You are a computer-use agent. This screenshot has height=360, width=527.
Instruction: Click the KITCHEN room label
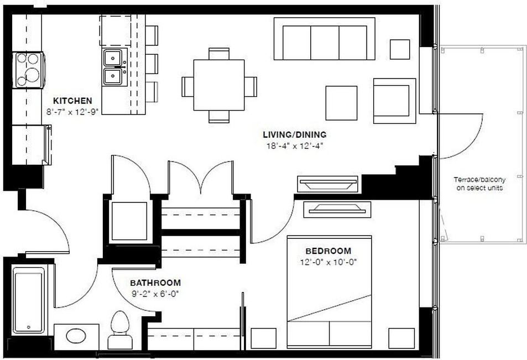(x=72, y=101)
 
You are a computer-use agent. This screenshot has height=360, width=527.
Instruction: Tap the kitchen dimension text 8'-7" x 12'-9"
(x=72, y=111)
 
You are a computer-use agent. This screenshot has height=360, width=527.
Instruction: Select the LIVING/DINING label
(x=294, y=134)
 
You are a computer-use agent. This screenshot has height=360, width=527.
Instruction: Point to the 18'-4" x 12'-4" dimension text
(x=294, y=147)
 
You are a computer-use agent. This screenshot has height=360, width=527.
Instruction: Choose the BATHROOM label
(x=155, y=283)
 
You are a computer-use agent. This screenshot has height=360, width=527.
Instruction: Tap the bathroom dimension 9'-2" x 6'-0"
(x=155, y=294)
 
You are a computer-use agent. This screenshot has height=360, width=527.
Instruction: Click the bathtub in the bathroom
(x=28, y=300)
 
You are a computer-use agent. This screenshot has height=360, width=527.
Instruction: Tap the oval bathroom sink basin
(x=76, y=336)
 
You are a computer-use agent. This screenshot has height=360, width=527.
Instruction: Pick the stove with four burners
(x=28, y=70)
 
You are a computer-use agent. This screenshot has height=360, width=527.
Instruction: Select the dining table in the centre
(x=219, y=85)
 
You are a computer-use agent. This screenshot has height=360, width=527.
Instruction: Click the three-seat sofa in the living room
(x=324, y=39)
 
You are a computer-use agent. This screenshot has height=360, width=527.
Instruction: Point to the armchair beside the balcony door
(x=394, y=101)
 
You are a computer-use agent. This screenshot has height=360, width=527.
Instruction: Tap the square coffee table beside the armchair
(x=341, y=103)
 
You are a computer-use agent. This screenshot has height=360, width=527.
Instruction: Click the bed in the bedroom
(x=329, y=292)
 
